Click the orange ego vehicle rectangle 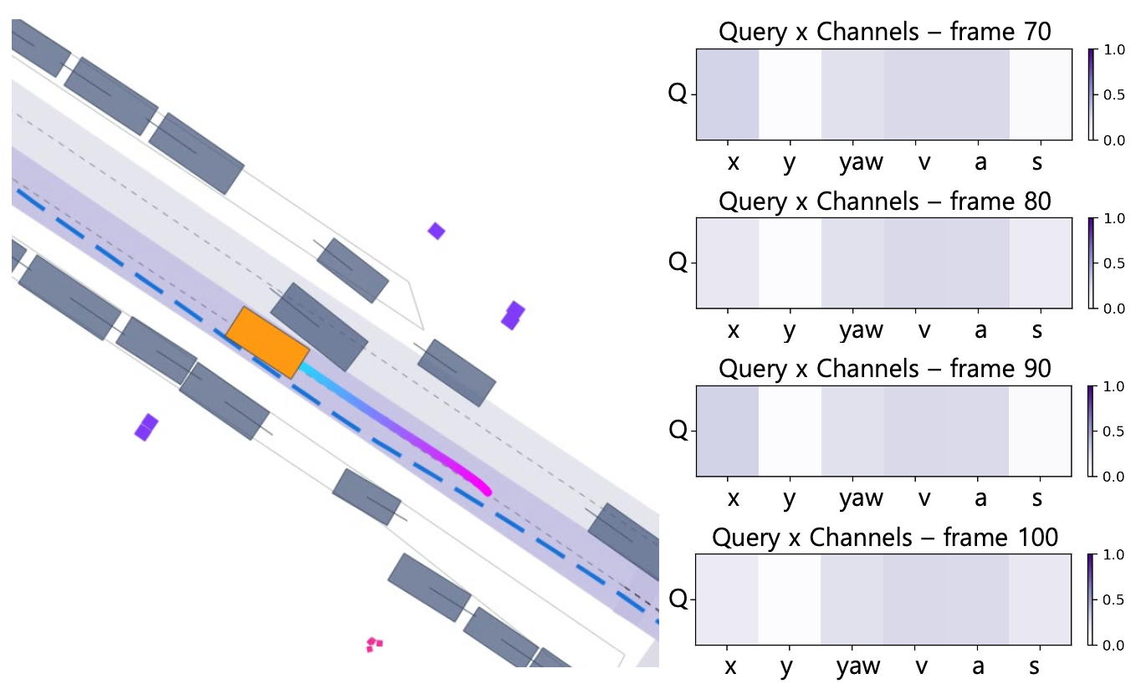[268, 343]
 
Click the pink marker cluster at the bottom [374, 644]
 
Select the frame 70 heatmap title [885, 32]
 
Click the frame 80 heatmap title [885, 201]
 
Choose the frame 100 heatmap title [885, 538]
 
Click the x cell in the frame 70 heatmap [728, 94]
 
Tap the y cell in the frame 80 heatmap [790, 263]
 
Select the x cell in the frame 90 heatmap [728, 431]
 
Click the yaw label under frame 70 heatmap [862, 161]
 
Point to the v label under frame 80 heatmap [924, 330]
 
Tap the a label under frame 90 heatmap [980, 498]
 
